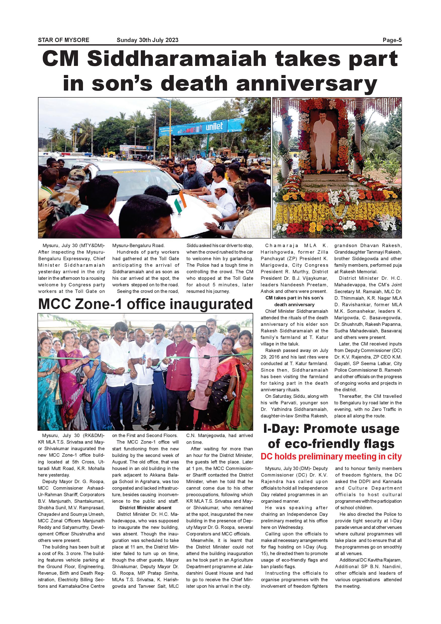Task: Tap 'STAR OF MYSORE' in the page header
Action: [64, 40]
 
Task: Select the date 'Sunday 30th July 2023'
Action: [147, 40]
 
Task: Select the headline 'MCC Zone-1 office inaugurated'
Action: [145, 304]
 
